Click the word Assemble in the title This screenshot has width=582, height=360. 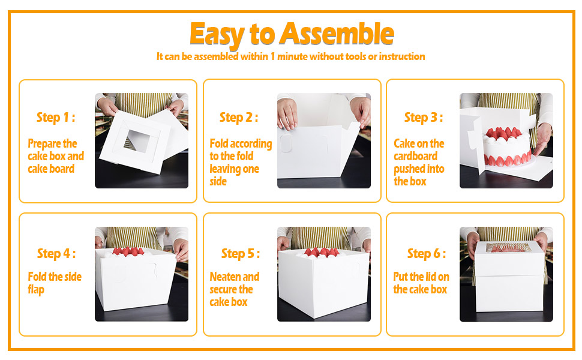coord(336,34)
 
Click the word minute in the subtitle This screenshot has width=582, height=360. coord(292,56)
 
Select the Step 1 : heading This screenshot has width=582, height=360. coord(56,118)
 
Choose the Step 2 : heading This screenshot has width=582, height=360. coord(239,118)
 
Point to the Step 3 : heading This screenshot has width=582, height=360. coord(424,118)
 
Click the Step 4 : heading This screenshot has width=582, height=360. coord(56,254)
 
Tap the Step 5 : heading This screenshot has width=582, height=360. coord(241,254)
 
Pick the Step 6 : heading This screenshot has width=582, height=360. coord(427,254)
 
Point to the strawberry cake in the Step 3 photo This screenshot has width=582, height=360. coord(507,146)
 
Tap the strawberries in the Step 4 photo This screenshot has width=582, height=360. coord(128,251)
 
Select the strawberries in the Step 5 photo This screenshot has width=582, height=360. coord(323,252)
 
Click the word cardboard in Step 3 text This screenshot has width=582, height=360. coord(415,156)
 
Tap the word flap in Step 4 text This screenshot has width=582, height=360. coord(36,290)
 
